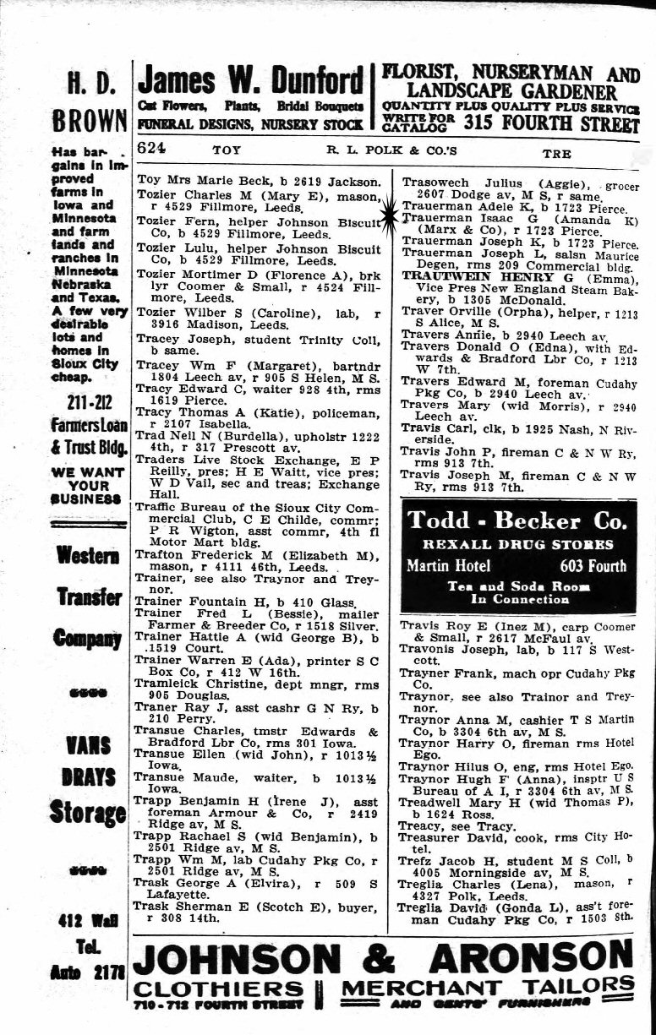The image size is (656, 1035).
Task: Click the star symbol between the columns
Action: click(x=390, y=214)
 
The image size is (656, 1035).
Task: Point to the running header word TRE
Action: click(x=557, y=154)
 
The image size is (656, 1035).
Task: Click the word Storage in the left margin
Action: click(x=88, y=814)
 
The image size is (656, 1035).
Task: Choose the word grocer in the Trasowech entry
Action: click(x=608, y=183)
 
